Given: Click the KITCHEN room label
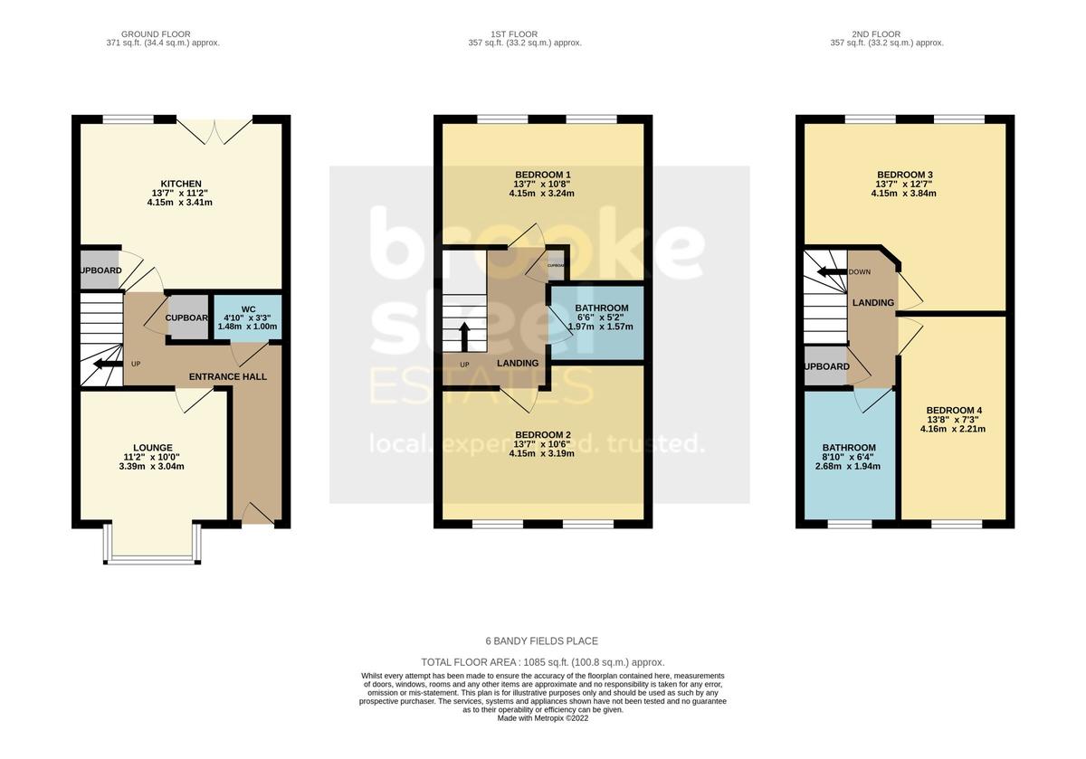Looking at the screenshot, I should click(x=181, y=184).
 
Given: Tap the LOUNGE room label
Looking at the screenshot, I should click(x=152, y=448).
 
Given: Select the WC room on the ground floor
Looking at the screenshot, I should click(x=248, y=317).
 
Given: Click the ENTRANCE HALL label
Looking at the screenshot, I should click(x=227, y=376).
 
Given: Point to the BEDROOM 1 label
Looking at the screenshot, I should click(x=542, y=175).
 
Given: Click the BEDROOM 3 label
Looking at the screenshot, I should click(x=904, y=175).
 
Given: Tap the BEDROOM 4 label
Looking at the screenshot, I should click(x=954, y=410).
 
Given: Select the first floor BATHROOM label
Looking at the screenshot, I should click(x=601, y=308).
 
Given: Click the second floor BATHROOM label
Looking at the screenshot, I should click(x=848, y=448).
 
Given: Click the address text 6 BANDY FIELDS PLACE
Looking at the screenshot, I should click(x=542, y=641).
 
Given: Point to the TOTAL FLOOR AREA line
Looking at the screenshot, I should click(x=542, y=662).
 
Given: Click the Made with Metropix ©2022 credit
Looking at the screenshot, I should click(x=542, y=718).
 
